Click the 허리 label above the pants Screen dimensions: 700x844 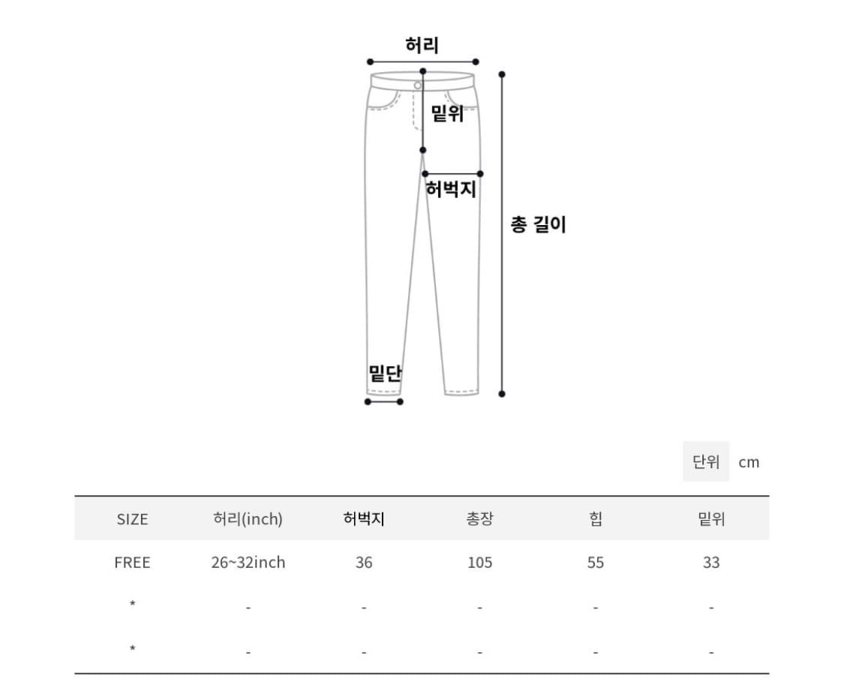click(x=422, y=45)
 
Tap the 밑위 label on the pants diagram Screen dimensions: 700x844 click(x=447, y=114)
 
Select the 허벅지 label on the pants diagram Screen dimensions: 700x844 click(x=451, y=189)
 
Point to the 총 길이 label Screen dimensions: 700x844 click(x=538, y=224)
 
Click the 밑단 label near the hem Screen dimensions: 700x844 click(x=385, y=373)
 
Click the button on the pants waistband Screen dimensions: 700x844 click(x=418, y=86)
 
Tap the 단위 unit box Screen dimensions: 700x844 click(x=706, y=461)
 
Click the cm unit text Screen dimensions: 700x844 click(x=749, y=462)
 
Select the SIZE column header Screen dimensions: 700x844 click(x=133, y=518)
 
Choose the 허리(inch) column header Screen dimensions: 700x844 click(x=248, y=518)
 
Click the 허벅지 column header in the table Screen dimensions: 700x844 click(x=364, y=518)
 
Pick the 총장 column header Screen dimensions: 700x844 click(x=480, y=518)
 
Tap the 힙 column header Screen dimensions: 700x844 click(x=596, y=518)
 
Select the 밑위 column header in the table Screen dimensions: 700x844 click(x=711, y=518)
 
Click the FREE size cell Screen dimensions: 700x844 click(x=133, y=563)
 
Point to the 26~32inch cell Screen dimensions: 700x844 click(x=248, y=563)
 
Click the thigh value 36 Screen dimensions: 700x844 click(x=364, y=563)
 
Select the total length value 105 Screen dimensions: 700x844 click(x=480, y=563)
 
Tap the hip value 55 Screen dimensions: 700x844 click(x=596, y=563)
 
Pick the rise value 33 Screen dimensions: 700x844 click(x=711, y=563)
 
